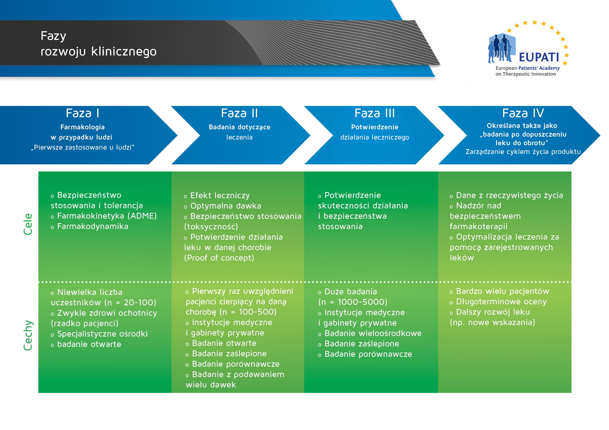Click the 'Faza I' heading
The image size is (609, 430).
tap(82, 113)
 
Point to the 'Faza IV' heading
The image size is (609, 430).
tap(523, 113)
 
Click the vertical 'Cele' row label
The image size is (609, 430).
tap(28, 224)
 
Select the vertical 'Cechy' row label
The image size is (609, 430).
tap(28, 335)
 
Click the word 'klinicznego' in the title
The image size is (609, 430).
tap(124, 51)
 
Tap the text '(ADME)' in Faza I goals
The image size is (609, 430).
tap(142, 216)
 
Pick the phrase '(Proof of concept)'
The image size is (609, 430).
tap(219, 258)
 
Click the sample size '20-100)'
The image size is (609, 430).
tap(140, 303)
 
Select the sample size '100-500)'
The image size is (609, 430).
tap(258, 312)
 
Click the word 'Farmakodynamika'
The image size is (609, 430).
tap(93, 226)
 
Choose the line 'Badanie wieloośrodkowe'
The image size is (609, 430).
tap(373, 333)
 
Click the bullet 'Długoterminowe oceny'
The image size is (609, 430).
tap(501, 302)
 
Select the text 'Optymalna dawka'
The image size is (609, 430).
tap(226, 206)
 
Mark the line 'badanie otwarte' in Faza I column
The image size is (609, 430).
tap(89, 344)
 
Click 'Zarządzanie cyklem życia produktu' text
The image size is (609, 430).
tap(523, 152)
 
